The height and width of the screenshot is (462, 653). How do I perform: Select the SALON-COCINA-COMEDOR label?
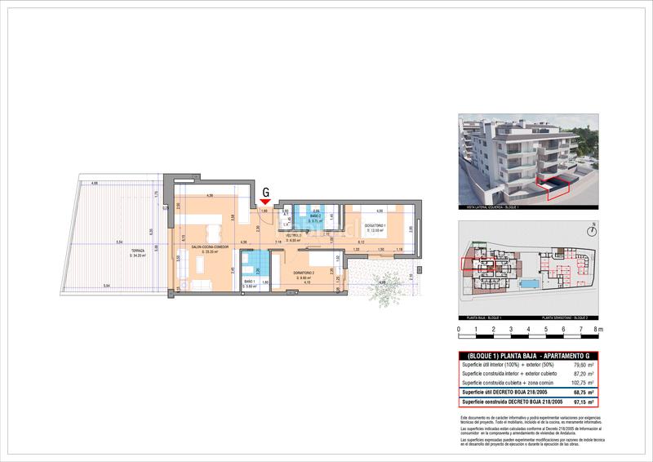point(210,247)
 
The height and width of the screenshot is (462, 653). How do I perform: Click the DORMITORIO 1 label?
point(374,228)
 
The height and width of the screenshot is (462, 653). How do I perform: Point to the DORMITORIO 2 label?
point(304,275)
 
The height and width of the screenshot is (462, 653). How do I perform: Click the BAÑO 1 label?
point(250,282)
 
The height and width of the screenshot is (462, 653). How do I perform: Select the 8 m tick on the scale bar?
point(597,330)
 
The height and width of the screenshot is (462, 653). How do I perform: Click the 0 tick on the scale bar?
point(459,330)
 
